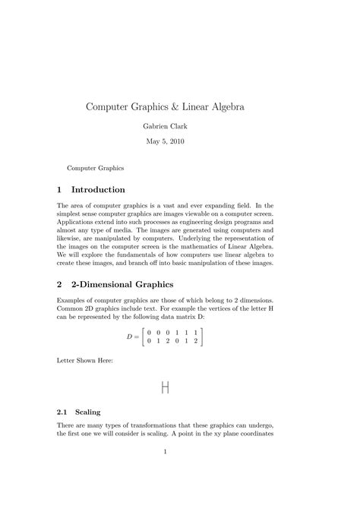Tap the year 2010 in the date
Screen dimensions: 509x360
click(193, 141)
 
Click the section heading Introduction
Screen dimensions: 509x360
click(98, 188)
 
